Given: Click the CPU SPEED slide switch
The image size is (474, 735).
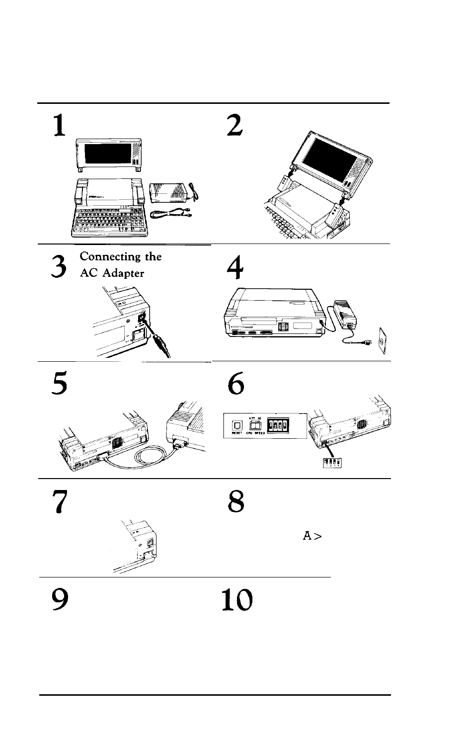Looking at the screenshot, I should (x=256, y=426).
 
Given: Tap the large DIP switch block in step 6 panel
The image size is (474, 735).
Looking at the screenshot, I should (x=279, y=425).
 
